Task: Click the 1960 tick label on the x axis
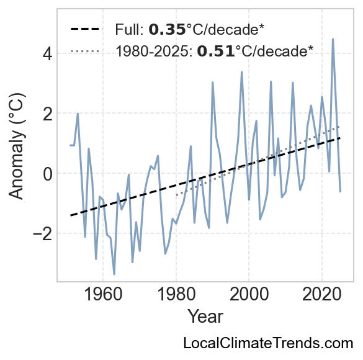click(x=103, y=294)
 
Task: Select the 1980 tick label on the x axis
click(x=176, y=294)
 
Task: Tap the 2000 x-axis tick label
click(x=249, y=294)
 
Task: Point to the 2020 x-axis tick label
click(x=322, y=294)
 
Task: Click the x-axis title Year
click(x=205, y=317)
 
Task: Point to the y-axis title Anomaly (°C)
click(x=16, y=146)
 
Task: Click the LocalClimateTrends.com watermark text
click(x=268, y=343)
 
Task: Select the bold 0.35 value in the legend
click(x=167, y=30)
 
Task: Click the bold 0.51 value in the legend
click(x=215, y=51)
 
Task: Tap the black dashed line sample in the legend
click(x=86, y=29)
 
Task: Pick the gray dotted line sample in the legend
click(x=86, y=51)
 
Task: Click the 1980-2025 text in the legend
click(x=154, y=51)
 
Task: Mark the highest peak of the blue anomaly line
click(x=333, y=39)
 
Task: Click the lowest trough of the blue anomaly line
click(x=114, y=274)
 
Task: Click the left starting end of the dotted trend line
click(x=176, y=195)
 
